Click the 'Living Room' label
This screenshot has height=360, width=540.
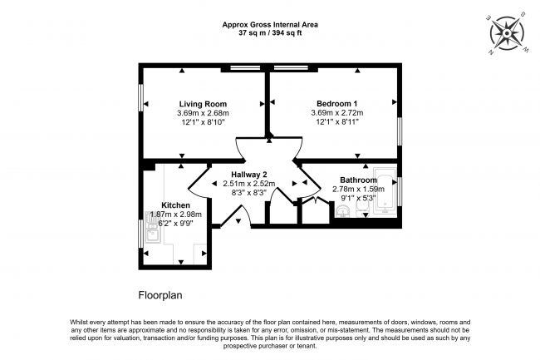point(203,103)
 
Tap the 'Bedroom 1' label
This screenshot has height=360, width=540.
point(336,103)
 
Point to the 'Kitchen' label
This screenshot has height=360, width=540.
point(175,205)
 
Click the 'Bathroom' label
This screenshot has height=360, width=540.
point(360,180)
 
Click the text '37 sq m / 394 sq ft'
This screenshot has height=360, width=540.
point(269,33)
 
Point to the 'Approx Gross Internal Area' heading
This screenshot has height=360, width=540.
point(269,24)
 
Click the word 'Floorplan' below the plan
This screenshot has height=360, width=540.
point(160,294)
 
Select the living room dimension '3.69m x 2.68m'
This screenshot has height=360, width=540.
point(203,113)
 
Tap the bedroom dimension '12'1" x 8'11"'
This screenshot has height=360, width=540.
point(336,123)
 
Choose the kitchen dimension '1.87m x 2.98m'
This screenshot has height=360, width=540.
point(177,215)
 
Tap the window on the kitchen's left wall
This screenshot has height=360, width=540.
point(140,231)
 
